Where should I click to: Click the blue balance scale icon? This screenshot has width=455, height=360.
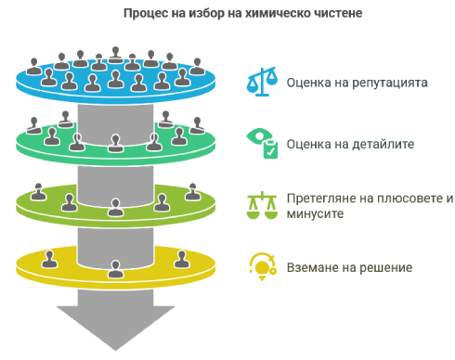(262, 82)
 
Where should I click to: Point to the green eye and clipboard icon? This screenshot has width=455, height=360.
(262, 143)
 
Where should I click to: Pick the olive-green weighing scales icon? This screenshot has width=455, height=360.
(262, 205)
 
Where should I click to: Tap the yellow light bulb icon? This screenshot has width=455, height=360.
(263, 266)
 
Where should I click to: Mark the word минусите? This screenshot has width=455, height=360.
(315, 214)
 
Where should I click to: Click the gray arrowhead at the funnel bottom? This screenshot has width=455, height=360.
(116, 328)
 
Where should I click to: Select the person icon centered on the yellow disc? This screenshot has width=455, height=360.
(115, 269)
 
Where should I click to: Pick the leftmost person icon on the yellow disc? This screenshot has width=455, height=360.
(49, 259)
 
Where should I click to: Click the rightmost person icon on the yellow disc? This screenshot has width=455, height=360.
(182, 259)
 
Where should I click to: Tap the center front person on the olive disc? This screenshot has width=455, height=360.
(115, 208)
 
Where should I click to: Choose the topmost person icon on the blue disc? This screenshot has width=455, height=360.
(116, 55)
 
